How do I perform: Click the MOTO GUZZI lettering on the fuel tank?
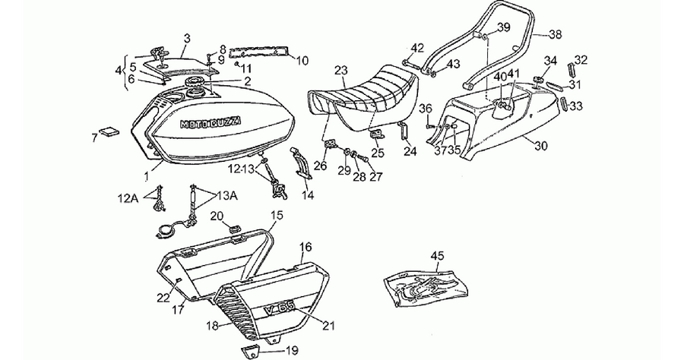(x=211, y=123)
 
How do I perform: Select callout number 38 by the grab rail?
(x=555, y=34)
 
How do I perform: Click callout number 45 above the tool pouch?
(x=437, y=256)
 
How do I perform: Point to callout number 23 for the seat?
(x=341, y=71)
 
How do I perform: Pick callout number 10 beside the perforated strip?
(x=302, y=60)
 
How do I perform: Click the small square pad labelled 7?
(x=109, y=131)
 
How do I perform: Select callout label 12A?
(x=129, y=199)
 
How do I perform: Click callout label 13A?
(x=226, y=197)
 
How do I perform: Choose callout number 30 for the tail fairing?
(x=540, y=146)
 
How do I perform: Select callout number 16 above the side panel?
(x=306, y=248)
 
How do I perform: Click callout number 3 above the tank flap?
(x=187, y=38)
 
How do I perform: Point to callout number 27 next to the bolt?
(x=375, y=176)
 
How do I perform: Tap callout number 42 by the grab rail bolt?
(x=417, y=48)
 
